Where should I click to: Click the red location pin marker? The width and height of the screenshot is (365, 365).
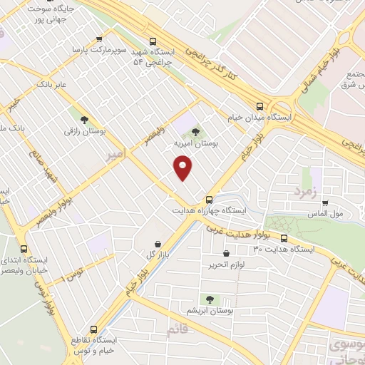(183, 168)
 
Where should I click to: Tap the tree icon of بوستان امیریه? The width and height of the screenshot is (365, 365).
(196, 131)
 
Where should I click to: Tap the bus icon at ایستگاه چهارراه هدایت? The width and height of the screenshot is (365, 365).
(209, 200)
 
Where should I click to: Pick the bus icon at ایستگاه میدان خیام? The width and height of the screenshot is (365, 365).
(259, 105)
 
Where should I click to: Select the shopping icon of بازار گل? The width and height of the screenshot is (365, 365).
(157, 243)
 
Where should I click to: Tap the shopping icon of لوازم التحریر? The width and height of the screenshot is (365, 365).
(227, 253)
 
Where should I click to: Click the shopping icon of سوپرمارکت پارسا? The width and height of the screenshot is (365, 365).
(98, 40)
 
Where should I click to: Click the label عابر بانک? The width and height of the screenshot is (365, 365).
(52, 84)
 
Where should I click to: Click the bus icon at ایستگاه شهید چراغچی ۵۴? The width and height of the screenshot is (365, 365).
(152, 41)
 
